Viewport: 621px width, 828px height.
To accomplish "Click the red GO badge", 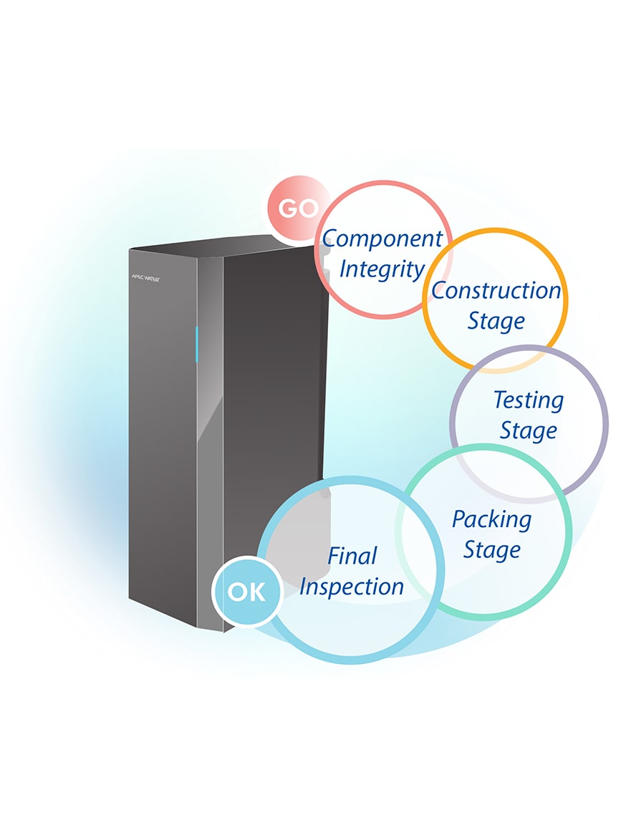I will [x=298, y=208].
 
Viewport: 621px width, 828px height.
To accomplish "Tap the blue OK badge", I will [x=246, y=592].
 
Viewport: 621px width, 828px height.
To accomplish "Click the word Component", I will [x=382, y=239].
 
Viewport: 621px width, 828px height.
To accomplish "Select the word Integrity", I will [x=382, y=269].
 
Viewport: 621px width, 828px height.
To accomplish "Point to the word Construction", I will [x=496, y=290].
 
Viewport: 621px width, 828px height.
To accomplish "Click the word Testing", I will [x=529, y=400].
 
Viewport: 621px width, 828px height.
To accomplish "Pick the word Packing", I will [x=491, y=519].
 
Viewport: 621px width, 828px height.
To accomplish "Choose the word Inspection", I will [x=352, y=587].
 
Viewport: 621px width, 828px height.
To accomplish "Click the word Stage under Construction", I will [x=496, y=321].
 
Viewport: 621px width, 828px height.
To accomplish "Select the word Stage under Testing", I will [x=529, y=430].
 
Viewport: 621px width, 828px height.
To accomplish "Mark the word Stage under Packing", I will [x=491, y=550].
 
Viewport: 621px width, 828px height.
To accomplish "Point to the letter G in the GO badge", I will [x=289, y=208].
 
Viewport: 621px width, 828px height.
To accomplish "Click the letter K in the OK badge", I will [x=256, y=592].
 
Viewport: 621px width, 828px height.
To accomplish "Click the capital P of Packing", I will [x=459, y=519].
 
